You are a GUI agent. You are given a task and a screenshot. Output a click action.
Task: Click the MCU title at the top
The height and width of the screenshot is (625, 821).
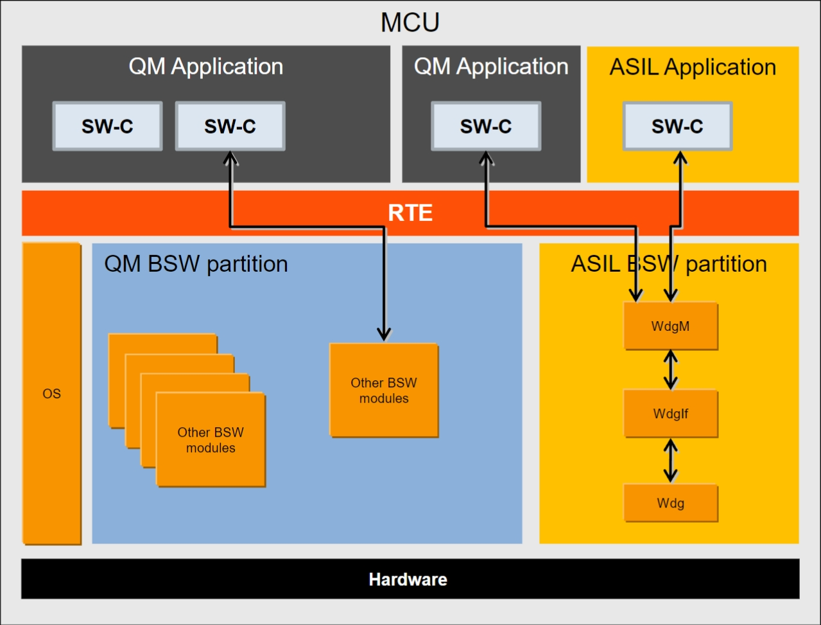pyautogui.click(x=410, y=22)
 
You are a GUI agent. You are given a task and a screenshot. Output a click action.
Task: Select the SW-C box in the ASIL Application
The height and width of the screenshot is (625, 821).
pyautogui.click(x=677, y=126)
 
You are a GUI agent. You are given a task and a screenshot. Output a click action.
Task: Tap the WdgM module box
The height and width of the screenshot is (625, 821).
pyautogui.click(x=671, y=326)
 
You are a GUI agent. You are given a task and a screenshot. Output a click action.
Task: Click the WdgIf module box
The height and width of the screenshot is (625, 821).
pyautogui.click(x=671, y=414)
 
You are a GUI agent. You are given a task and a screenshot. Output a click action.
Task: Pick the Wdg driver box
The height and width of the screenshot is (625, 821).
pyautogui.click(x=671, y=503)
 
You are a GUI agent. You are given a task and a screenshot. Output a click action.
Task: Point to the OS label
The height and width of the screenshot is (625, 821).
pyautogui.click(x=51, y=394)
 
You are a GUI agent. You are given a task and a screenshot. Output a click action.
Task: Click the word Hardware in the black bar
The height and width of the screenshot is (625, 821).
pyautogui.click(x=408, y=579)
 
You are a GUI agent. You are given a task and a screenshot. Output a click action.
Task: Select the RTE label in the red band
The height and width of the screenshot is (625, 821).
pyautogui.click(x=410, y=213)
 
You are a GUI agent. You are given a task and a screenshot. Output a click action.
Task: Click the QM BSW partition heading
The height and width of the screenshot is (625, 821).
pyautogui.click(x=196, y=264)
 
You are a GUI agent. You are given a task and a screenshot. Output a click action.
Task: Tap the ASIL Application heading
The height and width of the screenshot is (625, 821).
pyautogui.click(x=693, y=67)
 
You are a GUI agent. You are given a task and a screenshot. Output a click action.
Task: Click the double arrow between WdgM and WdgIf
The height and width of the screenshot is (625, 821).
pyautogui.click(x=671, y=370)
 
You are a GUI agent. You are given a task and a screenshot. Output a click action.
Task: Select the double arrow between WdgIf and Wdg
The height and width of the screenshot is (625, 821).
pyautogui.click(x=671, y=461)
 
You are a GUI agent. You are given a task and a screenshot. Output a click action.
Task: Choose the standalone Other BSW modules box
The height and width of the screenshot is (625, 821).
pyautogui.click(x=384, y=391)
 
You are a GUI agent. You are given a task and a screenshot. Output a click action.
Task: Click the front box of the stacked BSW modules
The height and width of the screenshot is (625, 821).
pyautogui.click(x=211, y=440)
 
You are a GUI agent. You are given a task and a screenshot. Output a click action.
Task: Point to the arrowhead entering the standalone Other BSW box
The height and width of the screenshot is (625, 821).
pyautogui.click(x=384, y=334)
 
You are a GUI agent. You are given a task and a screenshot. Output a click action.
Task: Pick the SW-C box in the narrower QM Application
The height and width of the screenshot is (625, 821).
pyautogui.click(x=486, y=126)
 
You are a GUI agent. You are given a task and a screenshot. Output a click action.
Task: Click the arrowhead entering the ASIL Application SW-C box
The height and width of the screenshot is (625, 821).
pyautogui.click(x=680, y=157)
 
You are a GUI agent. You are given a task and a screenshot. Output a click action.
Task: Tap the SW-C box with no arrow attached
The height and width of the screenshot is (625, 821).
pyautogui.click(x=107, y=126)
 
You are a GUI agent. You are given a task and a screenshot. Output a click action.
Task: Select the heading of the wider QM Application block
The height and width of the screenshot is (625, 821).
pyautogui.click(x=205, y=67)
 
